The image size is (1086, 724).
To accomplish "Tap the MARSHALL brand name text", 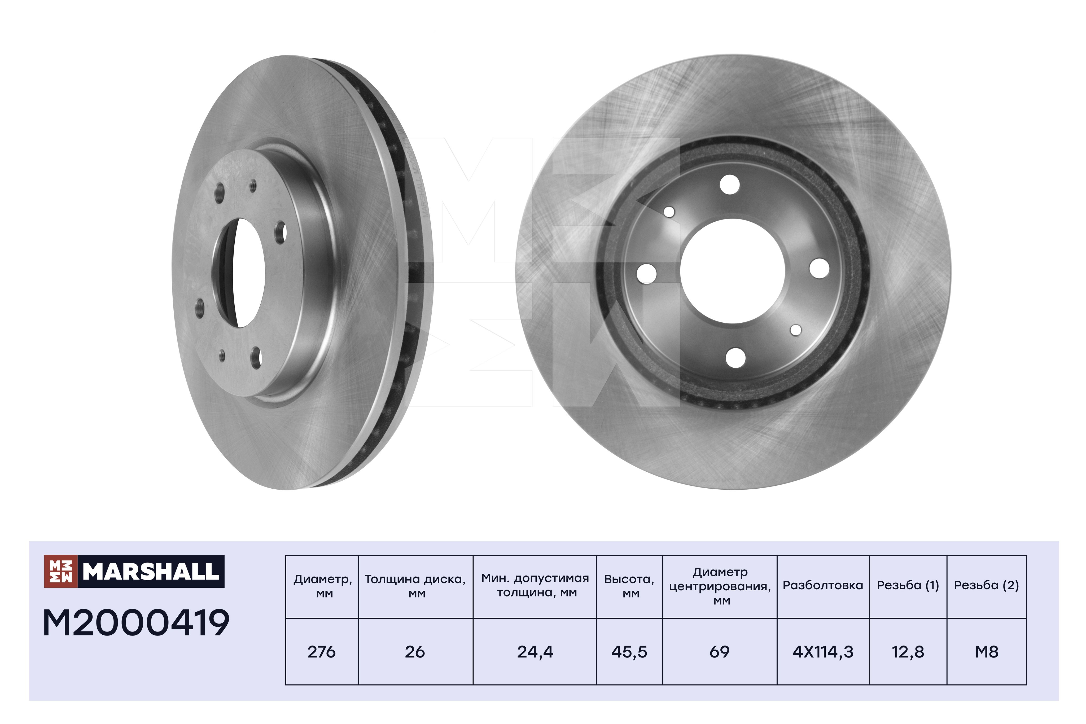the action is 151,572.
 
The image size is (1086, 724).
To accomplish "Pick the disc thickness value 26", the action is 415,652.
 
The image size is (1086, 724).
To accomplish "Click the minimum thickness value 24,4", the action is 535,652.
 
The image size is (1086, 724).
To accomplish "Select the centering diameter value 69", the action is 719,652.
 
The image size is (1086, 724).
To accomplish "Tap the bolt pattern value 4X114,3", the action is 823,652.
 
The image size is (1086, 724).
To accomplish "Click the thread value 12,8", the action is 908,652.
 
